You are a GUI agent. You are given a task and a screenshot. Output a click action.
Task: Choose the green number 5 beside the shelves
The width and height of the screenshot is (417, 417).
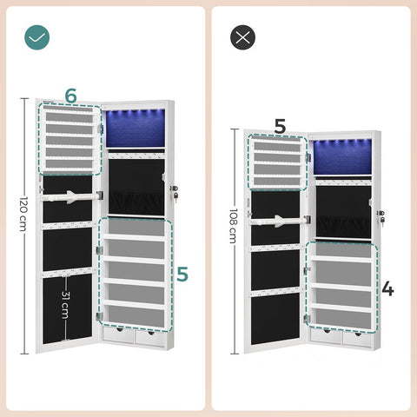(x=181, y=275)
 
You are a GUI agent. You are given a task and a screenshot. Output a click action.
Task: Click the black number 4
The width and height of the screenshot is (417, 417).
(x=387, y=289)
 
